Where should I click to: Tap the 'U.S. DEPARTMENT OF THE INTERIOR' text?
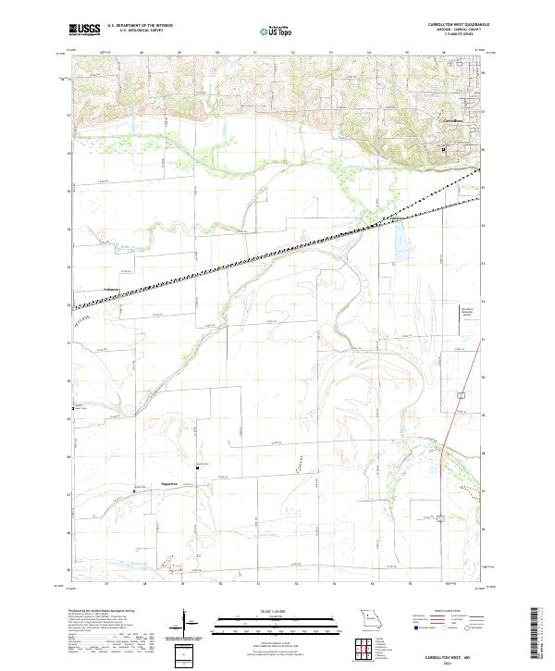pyautogui.click(x=140, y=26)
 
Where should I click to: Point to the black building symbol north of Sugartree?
pyautogui.click(x=196, y=468)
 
